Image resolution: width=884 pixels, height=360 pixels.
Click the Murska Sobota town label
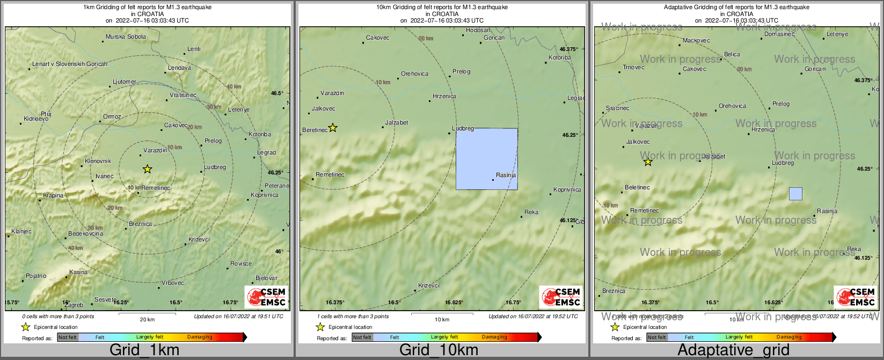pos(126,37)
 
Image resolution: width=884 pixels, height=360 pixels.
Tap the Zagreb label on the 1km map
pos(74,305)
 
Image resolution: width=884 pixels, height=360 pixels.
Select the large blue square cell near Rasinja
pos(486,159)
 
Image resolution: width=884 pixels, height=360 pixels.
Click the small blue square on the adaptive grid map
pos(795,194)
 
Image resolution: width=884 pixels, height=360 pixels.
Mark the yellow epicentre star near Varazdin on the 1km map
pos(148,170)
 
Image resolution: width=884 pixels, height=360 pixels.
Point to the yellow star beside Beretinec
pos(333,128)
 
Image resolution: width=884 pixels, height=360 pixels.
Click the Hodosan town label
pos(478,31)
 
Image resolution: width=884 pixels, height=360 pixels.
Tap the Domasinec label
pos(779,34)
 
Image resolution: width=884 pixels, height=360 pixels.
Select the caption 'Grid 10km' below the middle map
pos(439,350)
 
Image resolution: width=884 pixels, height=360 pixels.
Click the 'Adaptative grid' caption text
pos(733,350)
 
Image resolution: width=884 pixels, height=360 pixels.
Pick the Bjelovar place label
pos(266,278)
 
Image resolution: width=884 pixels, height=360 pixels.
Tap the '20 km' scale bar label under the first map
pos(147,319)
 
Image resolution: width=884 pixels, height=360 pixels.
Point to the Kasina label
pos(78,272)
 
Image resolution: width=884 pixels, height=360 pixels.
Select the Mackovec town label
pos(696,40)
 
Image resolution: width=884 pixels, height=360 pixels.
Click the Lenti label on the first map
pos(194,49)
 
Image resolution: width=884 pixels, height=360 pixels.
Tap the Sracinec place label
pos(617,108)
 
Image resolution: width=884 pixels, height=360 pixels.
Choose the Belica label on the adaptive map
pos(732,54)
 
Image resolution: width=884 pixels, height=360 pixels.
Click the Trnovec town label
pos(633,67)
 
